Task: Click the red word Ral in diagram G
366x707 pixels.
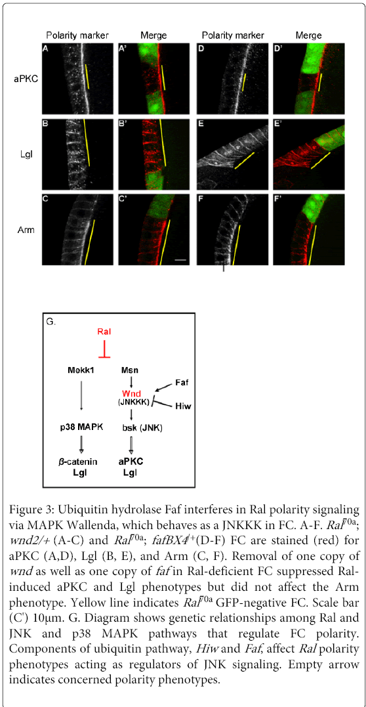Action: [104, 332]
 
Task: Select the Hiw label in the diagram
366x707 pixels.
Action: [180, 406]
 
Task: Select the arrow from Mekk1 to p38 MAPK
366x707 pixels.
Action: [81, 395]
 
